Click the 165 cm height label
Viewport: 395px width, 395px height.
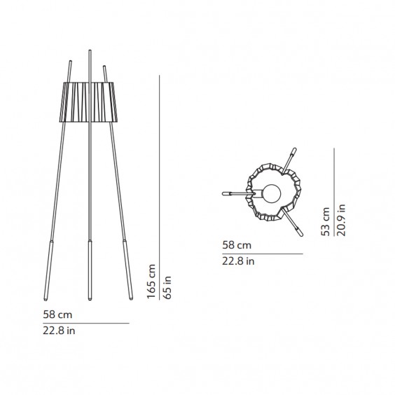[151, 282]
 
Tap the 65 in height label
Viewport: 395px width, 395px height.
[167, 287]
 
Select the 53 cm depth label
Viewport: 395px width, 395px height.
[325, 222]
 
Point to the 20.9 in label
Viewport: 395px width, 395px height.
[341, 220]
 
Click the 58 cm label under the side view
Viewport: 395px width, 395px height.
[57, 314]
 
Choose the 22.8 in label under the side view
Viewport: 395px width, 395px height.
[59, 331]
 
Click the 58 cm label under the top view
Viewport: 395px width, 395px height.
[237, 245]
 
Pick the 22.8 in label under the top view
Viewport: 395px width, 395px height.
[238, 261]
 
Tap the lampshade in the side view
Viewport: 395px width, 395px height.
[88, 102]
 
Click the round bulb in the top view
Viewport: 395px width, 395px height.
[272, 193]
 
